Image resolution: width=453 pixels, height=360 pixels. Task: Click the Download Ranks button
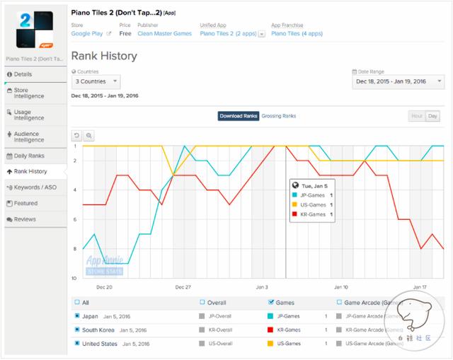(x=238, y=116)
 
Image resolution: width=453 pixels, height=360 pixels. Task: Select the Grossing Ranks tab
(x=279, y=116)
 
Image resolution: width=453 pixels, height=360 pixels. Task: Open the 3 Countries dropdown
(x=96, y=82)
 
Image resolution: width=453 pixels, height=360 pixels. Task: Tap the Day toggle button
(x=432, y=116)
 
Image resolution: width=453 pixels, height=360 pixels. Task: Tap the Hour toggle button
(x=416, y=116)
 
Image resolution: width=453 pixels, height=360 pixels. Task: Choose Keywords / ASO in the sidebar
(x=34, y=187)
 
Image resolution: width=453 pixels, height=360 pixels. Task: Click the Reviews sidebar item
(x=25, y=219)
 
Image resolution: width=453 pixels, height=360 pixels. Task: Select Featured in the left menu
(x=26, y=203)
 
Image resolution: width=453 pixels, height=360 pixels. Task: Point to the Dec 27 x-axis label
(x=183, y=288)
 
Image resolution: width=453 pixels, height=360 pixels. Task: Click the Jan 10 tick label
(x=340, y=288)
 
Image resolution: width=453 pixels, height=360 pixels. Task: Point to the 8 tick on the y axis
(x=74, y=249)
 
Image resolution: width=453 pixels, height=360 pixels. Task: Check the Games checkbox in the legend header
(x=273, y=301)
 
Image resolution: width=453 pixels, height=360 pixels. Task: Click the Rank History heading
(x=104, y=56)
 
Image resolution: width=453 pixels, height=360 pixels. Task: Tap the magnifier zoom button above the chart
(x=89, y=135)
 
